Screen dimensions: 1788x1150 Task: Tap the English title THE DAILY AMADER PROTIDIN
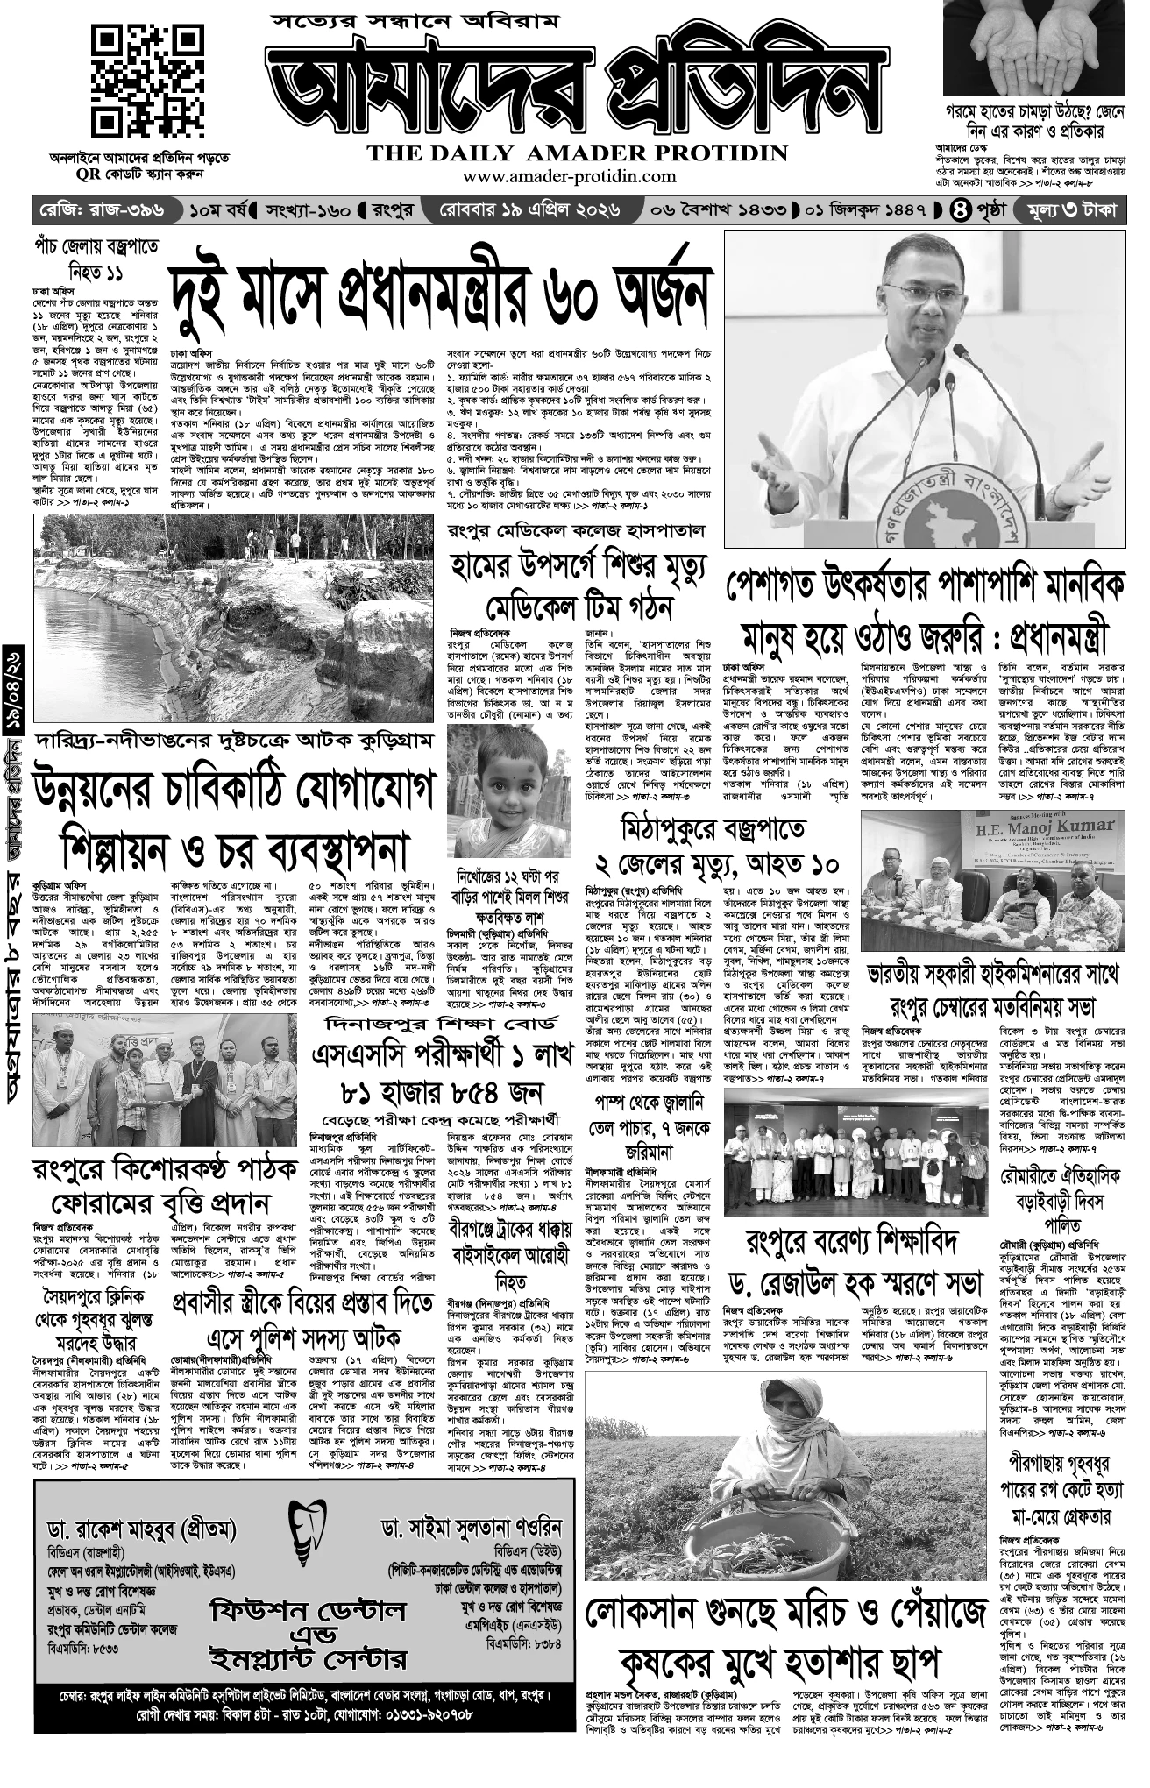coord(578,153)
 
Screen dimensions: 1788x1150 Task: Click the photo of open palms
coord(1034,48)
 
